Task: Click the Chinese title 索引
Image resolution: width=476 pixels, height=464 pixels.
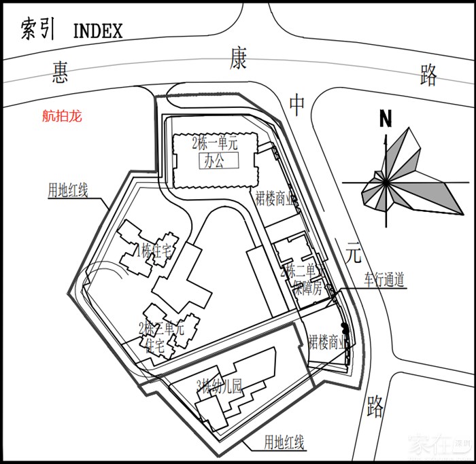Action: [x=37, y=31]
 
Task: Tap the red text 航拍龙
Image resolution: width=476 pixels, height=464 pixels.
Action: [x=62, y=116]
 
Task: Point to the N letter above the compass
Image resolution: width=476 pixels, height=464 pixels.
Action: [x=386, y=119]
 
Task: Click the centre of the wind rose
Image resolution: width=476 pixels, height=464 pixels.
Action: [x=386, y=183]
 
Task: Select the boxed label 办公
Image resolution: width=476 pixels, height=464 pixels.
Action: [x=219, y=161]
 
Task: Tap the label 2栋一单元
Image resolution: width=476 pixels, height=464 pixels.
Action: [x=216, y=143]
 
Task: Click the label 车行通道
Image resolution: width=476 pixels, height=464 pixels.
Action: [x=384, y=279]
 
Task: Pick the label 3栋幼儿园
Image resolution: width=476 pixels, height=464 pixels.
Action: [x=219, y=387]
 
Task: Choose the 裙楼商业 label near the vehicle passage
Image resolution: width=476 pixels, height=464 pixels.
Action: [x=328, y=342]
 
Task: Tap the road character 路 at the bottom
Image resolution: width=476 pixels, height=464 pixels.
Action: [x=375, y=406]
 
